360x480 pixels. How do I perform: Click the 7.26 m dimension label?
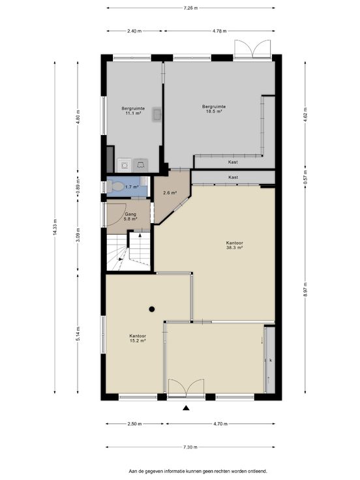190,8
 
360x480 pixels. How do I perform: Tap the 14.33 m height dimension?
55,227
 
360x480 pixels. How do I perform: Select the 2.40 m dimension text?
134,31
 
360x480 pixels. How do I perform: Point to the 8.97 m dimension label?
305,290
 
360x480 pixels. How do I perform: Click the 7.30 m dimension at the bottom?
190,447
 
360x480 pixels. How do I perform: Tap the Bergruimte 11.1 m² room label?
133,111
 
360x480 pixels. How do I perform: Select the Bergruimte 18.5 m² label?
214,109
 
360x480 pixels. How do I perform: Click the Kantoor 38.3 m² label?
235,245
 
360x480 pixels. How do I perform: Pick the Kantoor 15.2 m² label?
138,338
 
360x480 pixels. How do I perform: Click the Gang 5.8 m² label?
130,217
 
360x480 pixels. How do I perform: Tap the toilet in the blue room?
115,186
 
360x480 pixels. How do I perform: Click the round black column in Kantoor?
152,309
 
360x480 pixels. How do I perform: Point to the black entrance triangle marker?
185,408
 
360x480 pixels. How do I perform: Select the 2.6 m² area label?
170,193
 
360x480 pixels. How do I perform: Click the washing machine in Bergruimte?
125,165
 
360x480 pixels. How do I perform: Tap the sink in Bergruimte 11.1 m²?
157,115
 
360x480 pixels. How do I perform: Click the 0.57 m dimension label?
305,177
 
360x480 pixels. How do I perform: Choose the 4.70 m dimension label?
220,424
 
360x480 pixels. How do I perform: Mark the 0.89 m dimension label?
78,186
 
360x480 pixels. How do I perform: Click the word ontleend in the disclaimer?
259,471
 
